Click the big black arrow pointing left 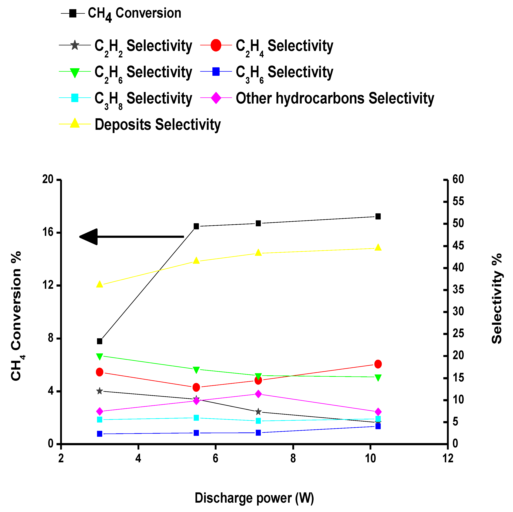pos(131,237)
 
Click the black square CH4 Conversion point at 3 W pos(100,341)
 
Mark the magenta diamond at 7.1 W pos(258,394)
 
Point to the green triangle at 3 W pos(100,357)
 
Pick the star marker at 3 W pos(100,391)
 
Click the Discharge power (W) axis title pos(254,498)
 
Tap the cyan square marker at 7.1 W pos(258,421)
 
